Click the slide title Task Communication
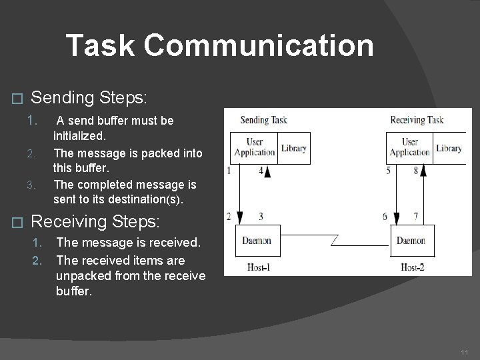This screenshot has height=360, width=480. coord(220,45)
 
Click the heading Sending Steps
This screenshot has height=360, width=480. coord(89,98)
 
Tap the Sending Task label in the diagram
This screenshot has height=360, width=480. coord(263,120)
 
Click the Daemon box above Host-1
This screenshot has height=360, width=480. coord(257,241)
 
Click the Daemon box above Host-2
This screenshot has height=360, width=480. coord(411,241)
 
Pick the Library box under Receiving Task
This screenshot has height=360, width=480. coord(449,148)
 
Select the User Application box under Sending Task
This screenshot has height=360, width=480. coord(254,147)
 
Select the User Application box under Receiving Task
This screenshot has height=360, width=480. coord(409,147)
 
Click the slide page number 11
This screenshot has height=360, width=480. coord(465,351)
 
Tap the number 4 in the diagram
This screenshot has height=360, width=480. coord(261,171)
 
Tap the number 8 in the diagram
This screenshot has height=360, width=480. coord(415,171)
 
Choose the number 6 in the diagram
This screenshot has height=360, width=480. coord(385,217)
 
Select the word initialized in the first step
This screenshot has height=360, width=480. coord(79,135)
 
